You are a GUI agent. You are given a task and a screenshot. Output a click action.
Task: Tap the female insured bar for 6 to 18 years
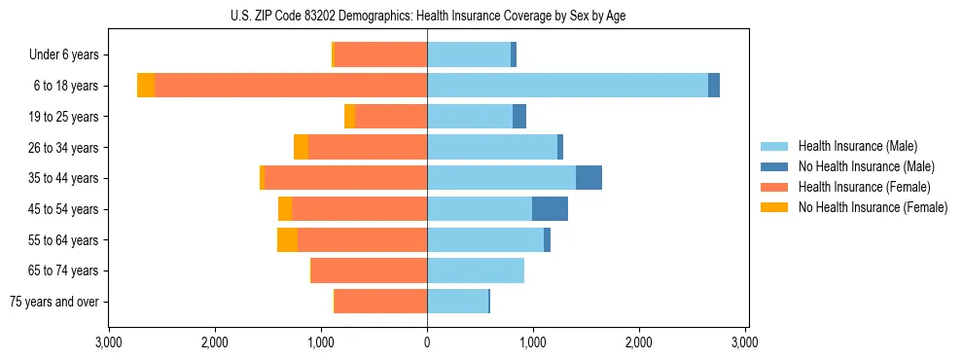coord(291,86)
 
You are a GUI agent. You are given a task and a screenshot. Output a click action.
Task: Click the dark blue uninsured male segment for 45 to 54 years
coord(550,209)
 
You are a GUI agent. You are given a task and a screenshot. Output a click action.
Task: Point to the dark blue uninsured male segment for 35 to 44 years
coord(588,178)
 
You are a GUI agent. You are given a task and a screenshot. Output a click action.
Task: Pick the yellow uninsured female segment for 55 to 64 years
coord(287,240)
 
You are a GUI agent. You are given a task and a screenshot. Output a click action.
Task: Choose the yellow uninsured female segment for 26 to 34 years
coord(301,147)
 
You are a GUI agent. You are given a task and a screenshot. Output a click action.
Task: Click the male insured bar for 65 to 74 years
coord(476,270)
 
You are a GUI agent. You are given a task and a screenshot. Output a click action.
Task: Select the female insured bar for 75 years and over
coord(380,302)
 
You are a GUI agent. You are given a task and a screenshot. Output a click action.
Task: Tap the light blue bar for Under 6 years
coord(469,54)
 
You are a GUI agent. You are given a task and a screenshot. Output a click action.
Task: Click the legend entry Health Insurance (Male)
coord(857,146)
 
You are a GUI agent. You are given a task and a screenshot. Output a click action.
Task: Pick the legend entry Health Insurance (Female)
coord(864,187)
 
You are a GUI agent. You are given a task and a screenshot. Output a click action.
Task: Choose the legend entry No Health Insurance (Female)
coord(873,207)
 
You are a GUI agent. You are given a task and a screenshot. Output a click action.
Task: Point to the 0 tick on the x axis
coord(427,342)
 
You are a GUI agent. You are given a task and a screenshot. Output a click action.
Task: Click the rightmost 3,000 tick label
coord(745,342)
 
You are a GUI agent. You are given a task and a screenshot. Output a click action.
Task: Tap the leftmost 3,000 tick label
coord(109,342)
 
